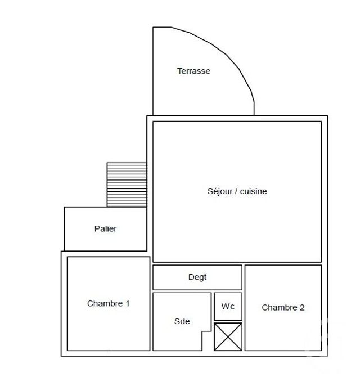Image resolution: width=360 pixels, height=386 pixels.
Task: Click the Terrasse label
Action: (193, 71)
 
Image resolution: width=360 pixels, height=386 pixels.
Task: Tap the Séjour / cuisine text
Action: (237, 191)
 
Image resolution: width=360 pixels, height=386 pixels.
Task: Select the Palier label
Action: (105, 229)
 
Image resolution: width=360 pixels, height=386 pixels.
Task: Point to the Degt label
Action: (197, 277)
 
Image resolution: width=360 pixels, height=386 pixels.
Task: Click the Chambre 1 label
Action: (109, 303)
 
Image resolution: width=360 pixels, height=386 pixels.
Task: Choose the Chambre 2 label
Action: (283, 307)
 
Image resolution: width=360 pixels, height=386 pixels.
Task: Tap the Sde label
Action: (182, 321)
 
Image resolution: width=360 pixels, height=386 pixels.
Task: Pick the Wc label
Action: (228, 307)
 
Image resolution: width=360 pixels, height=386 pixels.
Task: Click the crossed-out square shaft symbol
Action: (228, 336)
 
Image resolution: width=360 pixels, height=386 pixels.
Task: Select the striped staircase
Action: (127, 185)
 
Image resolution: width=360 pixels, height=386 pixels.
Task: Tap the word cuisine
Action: (254, 191)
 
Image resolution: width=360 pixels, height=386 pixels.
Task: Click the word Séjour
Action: (219, 191)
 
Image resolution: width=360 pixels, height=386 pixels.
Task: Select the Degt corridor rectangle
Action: (169, 277)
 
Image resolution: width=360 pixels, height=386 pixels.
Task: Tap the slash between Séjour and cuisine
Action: (236, 191)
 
